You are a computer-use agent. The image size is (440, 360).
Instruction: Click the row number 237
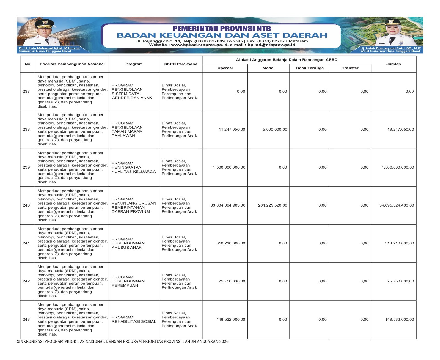click(x=26, y=92)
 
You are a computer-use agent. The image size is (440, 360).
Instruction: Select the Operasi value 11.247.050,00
click(x=232, y=130)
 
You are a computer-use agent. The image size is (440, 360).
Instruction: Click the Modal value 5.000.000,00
click(x=275, y=130)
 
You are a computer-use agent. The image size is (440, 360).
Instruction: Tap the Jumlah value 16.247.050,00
click(x=400, y=130)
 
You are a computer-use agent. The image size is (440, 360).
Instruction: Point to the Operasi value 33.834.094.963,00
click(x=228, y=205)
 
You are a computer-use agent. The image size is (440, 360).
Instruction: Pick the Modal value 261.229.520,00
click(x=273, y=205)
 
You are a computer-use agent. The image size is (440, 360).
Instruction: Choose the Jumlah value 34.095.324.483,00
click(x=397, y=205)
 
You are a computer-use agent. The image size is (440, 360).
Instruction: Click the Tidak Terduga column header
click(x=309, y=68)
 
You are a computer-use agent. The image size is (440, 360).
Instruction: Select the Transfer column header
click(x=350, y=68)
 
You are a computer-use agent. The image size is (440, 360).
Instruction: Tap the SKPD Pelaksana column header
click(x=181, y=64)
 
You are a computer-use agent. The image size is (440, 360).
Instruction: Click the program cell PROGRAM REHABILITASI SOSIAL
click(x=134, y=320)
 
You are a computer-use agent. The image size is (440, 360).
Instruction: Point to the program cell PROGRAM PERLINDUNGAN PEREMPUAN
click(x=128, y=281)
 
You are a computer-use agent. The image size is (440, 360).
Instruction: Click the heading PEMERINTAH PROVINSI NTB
click(x=222, y=29)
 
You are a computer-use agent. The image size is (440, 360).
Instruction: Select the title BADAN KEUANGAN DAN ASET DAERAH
click(x=222, y=35)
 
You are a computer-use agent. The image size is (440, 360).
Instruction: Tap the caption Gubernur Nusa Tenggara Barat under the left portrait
click(x=45, y=51)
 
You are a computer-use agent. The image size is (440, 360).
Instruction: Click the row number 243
click(x=26, y=320)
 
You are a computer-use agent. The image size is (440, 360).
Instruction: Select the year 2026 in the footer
click(x=224, y=342)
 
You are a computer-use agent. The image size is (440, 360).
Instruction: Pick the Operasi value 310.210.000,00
click(x=230, y=243)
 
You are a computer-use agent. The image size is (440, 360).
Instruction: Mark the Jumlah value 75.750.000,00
click(x=400, y=281)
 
